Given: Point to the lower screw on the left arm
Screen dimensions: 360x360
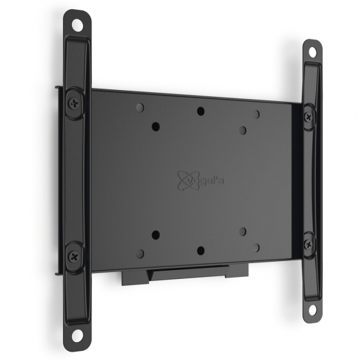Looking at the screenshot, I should pyautogui.click(x=73, y=257).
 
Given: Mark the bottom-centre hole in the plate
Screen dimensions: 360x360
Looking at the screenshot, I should pyautogui.click(x=199, y=250).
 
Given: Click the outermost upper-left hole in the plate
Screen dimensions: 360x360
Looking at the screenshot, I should pyautogui.click(x=141, y=108).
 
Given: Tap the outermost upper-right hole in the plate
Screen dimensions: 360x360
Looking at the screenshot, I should pyautogui.click(x=256, y=114).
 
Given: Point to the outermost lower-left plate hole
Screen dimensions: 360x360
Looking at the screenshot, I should pyautogui.click(x=141, y=253).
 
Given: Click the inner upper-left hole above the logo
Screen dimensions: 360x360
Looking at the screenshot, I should pyautogui.click(x=156, y=127).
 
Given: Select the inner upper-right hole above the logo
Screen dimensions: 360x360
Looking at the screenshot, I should pyautogui.click(x=243, y=130).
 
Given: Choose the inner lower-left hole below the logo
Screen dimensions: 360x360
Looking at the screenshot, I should pyautogui.click(x=156, y=235).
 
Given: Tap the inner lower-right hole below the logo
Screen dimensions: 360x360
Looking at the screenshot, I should pyautogui.click(x=243, y=231).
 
